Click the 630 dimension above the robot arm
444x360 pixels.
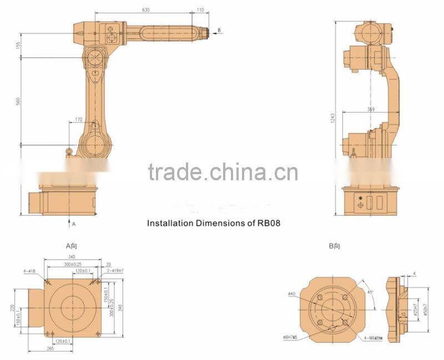pyautogui.click(x=146, y=9)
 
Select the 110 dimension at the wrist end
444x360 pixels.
pyautogui.click(x=200, y=9)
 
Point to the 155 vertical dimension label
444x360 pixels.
pyautogui.click(x=18, y=45)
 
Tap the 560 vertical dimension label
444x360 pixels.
pyautogui.click(x=18, y=101)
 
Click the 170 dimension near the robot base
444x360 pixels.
pyautogui.click(x=79, y=119)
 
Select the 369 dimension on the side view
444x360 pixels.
pyautogui.click(x=370, y=110)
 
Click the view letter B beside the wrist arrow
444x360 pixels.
pyautogui.click(x=219, y=30)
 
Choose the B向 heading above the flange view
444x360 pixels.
pyautogui.click(x=334, y=245)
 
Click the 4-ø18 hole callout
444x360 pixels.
pyautogui.click(x=29, y=271)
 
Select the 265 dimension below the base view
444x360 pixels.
pyautogui.click(x=50, y=348)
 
